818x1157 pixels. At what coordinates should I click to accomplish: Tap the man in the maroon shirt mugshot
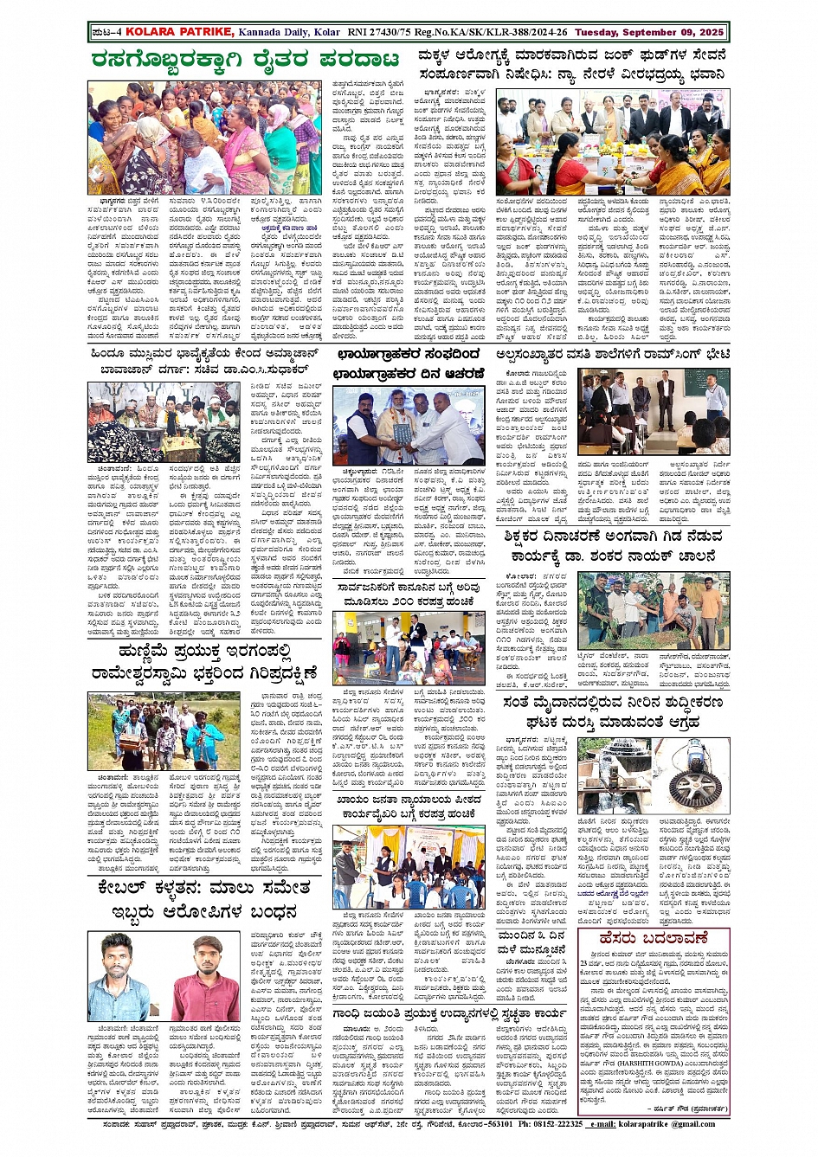tap(204, 975)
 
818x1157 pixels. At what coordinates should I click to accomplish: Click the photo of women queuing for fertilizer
tap(204, 138)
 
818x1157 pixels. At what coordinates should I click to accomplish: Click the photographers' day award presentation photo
tap(409, 425)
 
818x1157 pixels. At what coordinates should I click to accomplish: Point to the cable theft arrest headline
tap(204, 900)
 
